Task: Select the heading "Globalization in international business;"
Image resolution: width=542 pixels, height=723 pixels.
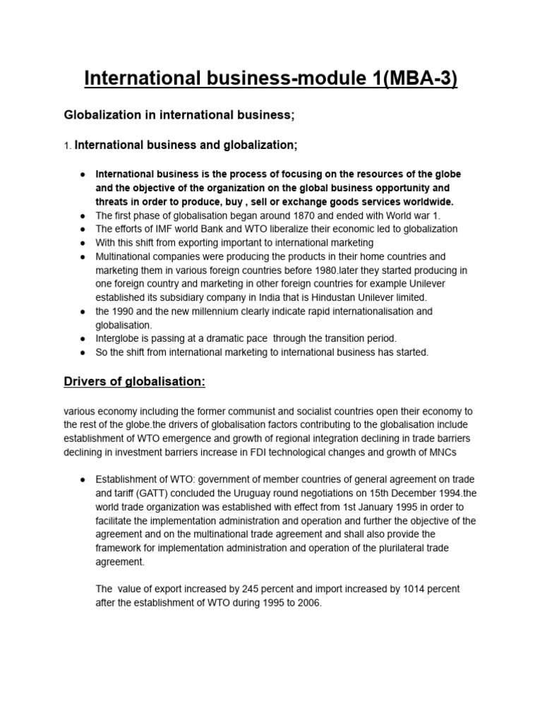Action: (179, 114)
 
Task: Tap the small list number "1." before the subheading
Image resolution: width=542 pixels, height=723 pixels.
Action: (68, 145)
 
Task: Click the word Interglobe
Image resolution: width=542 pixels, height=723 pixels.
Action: (119, 338)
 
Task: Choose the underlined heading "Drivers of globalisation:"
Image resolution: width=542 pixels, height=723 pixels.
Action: (135, 381)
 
